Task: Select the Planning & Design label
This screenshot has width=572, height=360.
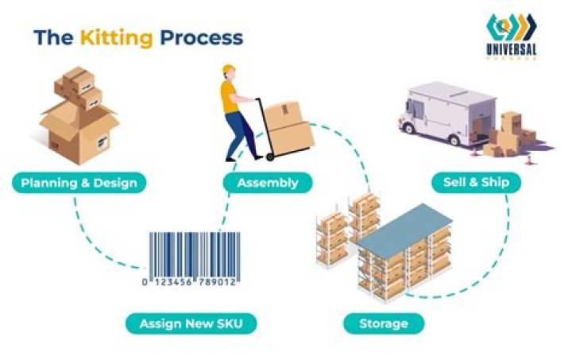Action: coord(79,183)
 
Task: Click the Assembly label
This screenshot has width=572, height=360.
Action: coord(267,183)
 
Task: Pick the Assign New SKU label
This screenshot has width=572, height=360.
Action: coord(191,323)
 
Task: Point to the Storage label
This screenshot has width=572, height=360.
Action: coord(383,323)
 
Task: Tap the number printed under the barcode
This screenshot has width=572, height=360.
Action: coord(191,282)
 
